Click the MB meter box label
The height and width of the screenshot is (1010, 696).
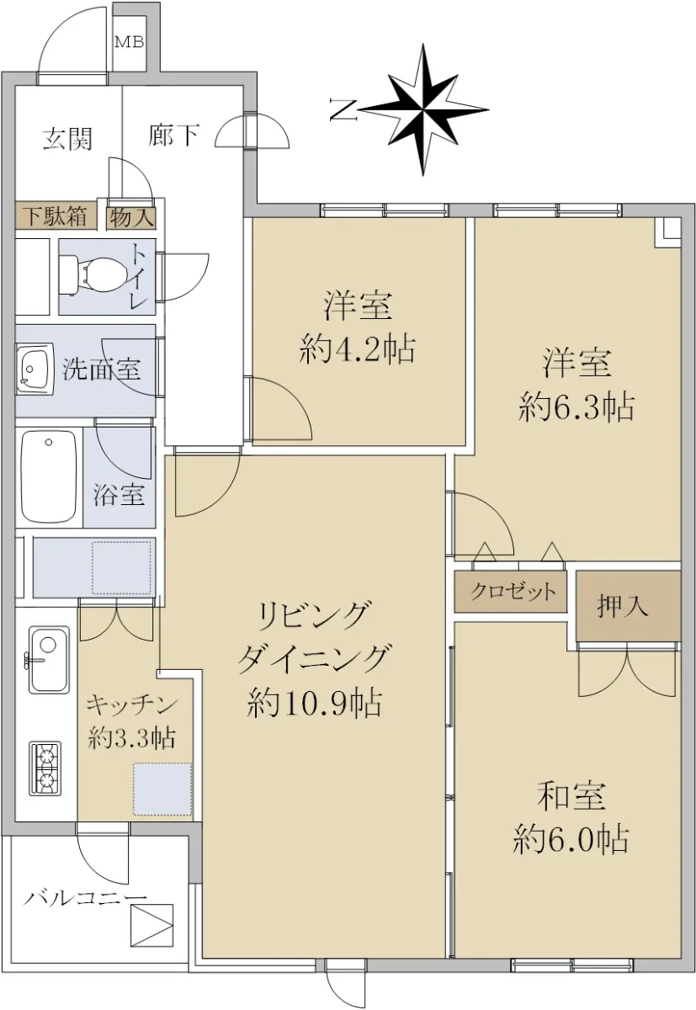coord(130,42)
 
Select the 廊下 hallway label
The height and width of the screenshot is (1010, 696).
coord(174,135)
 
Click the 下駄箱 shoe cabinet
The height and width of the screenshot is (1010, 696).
coord(56,217)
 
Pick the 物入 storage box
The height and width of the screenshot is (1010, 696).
coord(131,218)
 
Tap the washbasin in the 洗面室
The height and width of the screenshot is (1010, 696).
coord(35,369)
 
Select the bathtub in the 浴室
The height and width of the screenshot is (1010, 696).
coord(49,477)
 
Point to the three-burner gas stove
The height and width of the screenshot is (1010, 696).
coord(45,768)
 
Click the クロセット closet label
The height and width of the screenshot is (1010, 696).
coord(513,591)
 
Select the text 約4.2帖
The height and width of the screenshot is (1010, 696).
coord(357,349)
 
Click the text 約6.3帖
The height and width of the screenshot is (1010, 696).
coord(576,407)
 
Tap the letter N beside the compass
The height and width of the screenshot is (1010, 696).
coord(343,109)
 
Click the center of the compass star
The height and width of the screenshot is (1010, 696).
coord(423,109)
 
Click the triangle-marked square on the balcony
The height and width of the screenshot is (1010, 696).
coord(151,926)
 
